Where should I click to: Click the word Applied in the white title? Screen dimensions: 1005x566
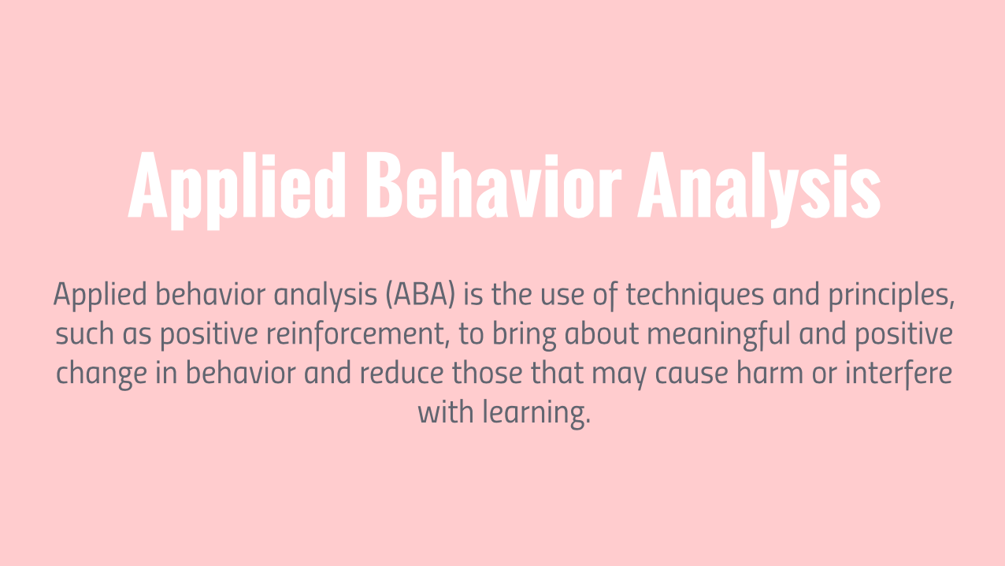[x=237, y=189]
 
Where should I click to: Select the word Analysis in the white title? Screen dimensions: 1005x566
[x=759, y=188]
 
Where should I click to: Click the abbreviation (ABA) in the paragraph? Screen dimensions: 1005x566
[x=421, y=295]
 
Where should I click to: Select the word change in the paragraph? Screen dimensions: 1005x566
[x=102, y=374]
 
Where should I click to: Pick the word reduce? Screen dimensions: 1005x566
[x=401, y=374]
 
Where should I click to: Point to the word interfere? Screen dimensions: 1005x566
[x=899, y=374]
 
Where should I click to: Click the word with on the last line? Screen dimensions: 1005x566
[x=446, y=412]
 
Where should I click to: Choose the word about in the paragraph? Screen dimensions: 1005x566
[x=601, y=334]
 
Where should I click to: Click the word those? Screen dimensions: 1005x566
[x=487, y=374]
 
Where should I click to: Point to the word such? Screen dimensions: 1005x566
[x=85, y=334]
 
